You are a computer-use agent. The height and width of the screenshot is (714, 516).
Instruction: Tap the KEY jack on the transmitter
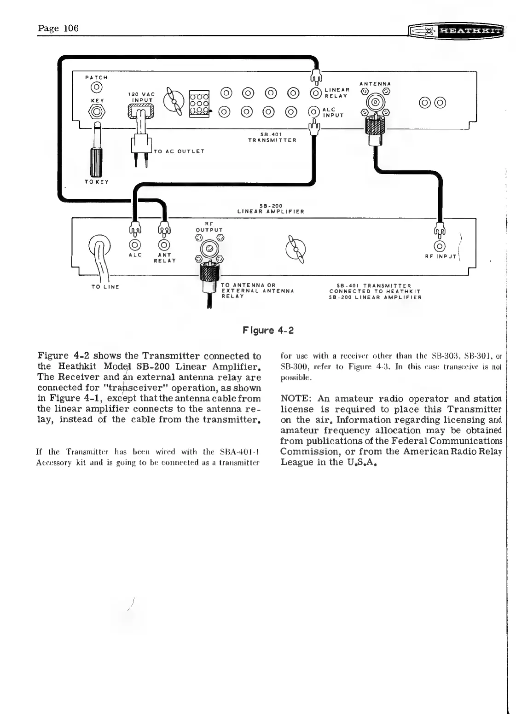click(x=97, y=111)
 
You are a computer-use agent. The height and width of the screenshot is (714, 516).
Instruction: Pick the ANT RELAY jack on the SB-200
click(x=164, y=245)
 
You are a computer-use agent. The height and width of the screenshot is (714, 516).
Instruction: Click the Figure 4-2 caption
click(x=268, y=331)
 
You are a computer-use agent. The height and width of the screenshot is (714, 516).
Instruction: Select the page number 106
click(x=71, y=28)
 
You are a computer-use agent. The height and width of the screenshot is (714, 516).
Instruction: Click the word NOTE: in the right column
click(x=296, y=399)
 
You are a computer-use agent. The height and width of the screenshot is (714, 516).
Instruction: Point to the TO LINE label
click(x=105, y=287)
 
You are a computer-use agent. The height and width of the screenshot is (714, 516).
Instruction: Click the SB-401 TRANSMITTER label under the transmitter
click(x=272, y=137)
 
